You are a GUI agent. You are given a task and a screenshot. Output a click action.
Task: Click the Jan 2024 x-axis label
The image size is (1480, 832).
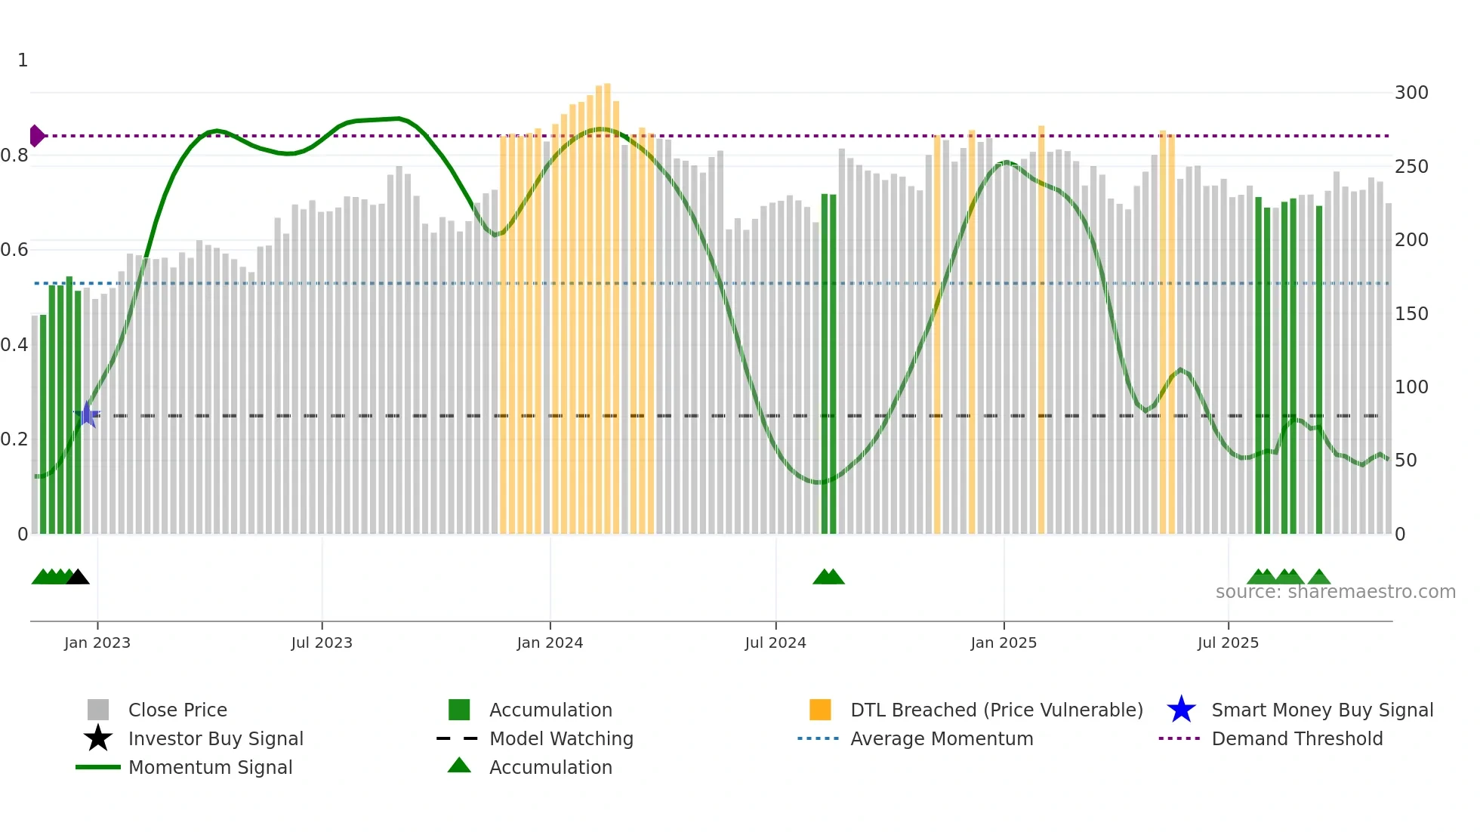click(x=550, y=642)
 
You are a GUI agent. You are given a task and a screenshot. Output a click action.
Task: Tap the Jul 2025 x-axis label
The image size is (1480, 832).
click(x=1228, y=642)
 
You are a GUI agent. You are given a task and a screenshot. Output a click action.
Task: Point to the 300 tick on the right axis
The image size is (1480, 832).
click(x=1411, y=93)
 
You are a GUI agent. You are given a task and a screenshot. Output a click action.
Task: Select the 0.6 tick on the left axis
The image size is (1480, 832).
click(x=14, y=250)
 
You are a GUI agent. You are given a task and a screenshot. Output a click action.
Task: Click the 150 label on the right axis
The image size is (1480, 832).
click(x=1411, y=313)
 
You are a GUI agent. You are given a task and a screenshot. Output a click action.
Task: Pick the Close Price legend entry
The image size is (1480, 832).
click(x=177, y=710)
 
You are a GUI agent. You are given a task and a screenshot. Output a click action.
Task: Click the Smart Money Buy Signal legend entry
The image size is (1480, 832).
click(x=1321, y=710)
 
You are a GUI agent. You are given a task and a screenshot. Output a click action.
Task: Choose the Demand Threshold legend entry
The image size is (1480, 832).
click(x=1297, y=738)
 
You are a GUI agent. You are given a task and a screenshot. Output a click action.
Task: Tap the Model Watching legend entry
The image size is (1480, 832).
click(x=561, y=738)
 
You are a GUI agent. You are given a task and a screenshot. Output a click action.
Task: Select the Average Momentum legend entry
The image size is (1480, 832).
click(x=941, y=738)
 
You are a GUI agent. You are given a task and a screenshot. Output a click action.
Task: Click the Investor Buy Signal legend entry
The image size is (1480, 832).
click(x=215, y=738)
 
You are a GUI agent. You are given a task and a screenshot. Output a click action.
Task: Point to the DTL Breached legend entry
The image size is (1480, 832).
click(x=996, y=710)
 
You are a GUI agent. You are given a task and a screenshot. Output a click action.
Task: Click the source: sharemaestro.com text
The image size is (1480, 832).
click(x=1335, y=592)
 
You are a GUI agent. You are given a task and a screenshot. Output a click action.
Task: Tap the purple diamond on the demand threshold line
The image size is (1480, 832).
click(x=36, y=136)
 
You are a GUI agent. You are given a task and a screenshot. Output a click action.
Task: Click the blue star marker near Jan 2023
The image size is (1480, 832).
click(x=87, y=414)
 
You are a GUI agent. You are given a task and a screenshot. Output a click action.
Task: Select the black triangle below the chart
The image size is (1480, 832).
click(x=78, y=578)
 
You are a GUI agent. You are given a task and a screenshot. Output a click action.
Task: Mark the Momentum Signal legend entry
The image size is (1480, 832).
click(x=210, y=767)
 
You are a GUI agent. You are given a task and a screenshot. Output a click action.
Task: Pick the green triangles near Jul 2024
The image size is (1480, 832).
click(x=828, y=578)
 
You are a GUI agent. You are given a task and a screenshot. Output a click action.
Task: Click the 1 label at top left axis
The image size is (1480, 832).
click(x=23, y=60)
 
